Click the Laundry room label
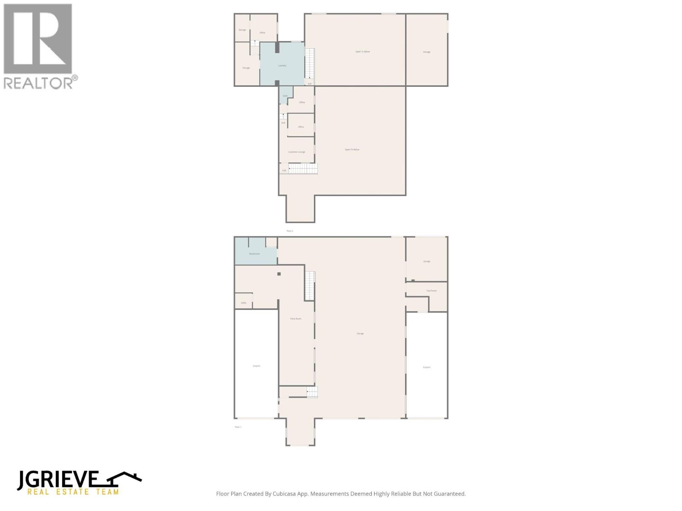(x=282, y=66)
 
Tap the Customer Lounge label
(x=297, y=152)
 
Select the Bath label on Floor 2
(x=285, y=96)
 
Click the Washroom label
(x=254, y=254)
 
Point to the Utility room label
(x=243, y=303)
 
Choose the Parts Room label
(x=296, y=319)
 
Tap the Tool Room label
(x=431, y=291)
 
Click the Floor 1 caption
(x=238, y=427)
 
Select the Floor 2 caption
(x=290, y=231)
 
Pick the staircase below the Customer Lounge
(x=303, y=169)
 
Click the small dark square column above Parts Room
(x=279, y=274)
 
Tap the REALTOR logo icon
(x=38, y=39)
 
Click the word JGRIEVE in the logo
(x=58, y=480)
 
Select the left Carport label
(x=257, y=366)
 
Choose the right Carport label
(x=427, y=367)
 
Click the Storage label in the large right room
(x=427, y=52)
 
